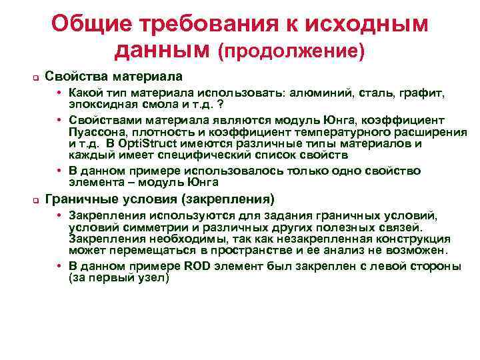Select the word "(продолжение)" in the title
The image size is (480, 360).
coord(291,50)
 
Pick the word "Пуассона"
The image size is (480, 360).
coord(94,132)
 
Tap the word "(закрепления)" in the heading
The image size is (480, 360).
coord(233,199)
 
